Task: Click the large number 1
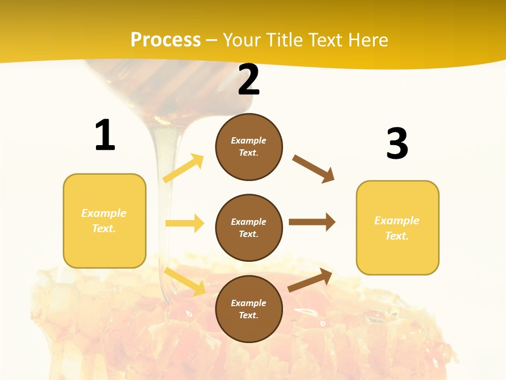pyautogui.click(x=105, y=136)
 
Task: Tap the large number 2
pyautogui.click(x=249, y=80)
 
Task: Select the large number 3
pyautogui.click(x=397, y=144)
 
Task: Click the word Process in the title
pyautogui.click(x=166, y=40)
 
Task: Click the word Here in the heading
pyautogui.click(x=367, y=40)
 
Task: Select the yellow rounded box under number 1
pyautogui.click(x=104, y=221)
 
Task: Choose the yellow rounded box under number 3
pyautogui.click(x=397, y=228)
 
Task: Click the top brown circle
pyautogui.click(x=249, y=147)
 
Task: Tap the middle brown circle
pyautogui.click(x=249, y=228)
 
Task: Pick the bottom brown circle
pyautogui.click(x=249, y=309)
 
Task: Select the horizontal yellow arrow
pyautogui.click(x=184, y=223)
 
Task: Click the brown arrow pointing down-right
pyautogui.click(x=314, y=169)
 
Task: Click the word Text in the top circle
pyautogui.click(x=248, y=153)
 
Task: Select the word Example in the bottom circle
pyautogui.click(x=248, y=303)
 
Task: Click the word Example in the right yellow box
pyautogui.click(x=397, y=221)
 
